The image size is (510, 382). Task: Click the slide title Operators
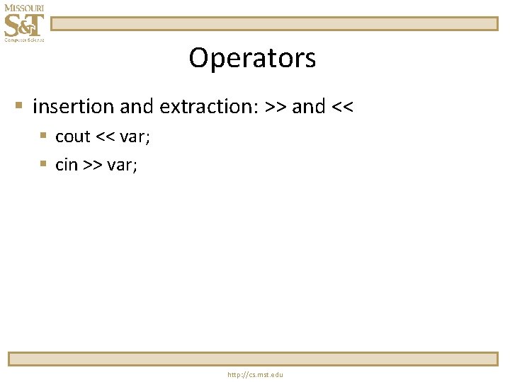tap(252, 58)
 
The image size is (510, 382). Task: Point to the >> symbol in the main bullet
tap(275, 108)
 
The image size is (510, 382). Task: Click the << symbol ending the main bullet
tap(342, 108)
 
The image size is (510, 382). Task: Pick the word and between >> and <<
tap(308, 107)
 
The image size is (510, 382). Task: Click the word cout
tap(73, 137)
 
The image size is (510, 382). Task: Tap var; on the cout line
tap(135, 137)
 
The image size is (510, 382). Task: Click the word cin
tap(67, 165)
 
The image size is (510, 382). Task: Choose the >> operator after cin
tap(92, 166)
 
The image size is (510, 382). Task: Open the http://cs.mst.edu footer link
tap(255, 374)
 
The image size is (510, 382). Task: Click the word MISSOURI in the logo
tap(23, 8)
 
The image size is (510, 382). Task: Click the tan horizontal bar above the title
tap(274, 24)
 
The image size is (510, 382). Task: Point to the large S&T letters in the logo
tap(23, 25)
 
